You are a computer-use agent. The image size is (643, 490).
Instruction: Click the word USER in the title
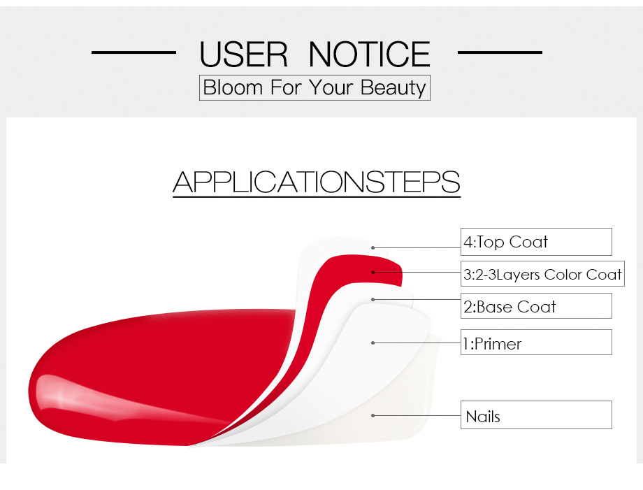pyautogui.click(x=244, y=54)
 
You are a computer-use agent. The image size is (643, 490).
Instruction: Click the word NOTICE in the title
pyautogui.click(x=370, y=54)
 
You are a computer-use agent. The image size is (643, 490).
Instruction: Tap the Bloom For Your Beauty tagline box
pyautogui.click(x=315, y=87)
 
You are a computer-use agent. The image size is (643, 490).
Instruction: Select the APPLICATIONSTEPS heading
pyautogui.click(x=316, y=182)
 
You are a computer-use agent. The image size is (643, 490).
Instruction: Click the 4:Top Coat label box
pyautogui.click(x=536, y=242)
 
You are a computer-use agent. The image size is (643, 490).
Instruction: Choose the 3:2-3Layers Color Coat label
pyautogui.click(x=542, y=274)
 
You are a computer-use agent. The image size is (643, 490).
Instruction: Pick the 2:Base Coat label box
pyautogui.click(x=536, y=306)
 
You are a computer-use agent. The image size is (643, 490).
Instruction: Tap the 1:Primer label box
pyautogui.click(x=536, y=343)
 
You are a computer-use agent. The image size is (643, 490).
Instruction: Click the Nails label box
pyautogui.click(x=536, y=415)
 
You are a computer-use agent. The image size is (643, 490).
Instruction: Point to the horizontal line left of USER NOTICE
pyautogui.click(x=133, y=52)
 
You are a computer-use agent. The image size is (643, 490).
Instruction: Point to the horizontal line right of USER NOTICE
pyautogui.click(x=500, y=52)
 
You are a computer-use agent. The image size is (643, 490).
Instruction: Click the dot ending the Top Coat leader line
pyautogui.click(x=373, y=247)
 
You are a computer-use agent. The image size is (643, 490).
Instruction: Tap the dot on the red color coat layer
pyautogui.click(x=373, y=272)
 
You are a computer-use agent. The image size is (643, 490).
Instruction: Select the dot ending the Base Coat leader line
pyautogui.click(x=373, y=299)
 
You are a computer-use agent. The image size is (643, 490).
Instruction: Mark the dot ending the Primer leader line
pyautogui.click(x=373, y=343)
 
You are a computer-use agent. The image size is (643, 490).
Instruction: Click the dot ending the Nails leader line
pyautogui.click(x=373, y=415)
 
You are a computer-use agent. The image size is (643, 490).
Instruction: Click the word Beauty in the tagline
pyautogui.click(x=393, y=88)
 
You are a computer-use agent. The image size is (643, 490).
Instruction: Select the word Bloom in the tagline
pyautogui.click(x=233, y=87)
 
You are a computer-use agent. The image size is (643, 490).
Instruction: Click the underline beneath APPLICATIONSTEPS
pyautogui.click(x=317, y=197)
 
